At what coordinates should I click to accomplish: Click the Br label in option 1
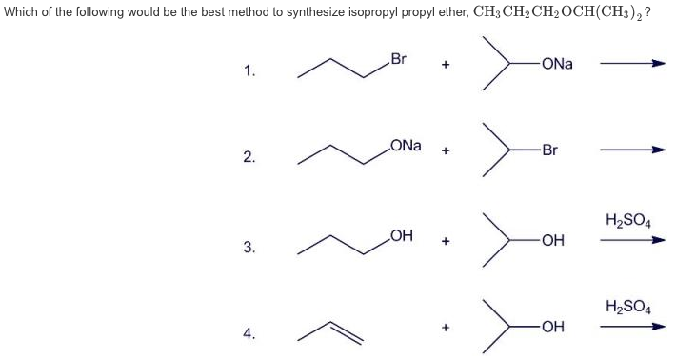[399, 59]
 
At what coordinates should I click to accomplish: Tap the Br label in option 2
[549, 150]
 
